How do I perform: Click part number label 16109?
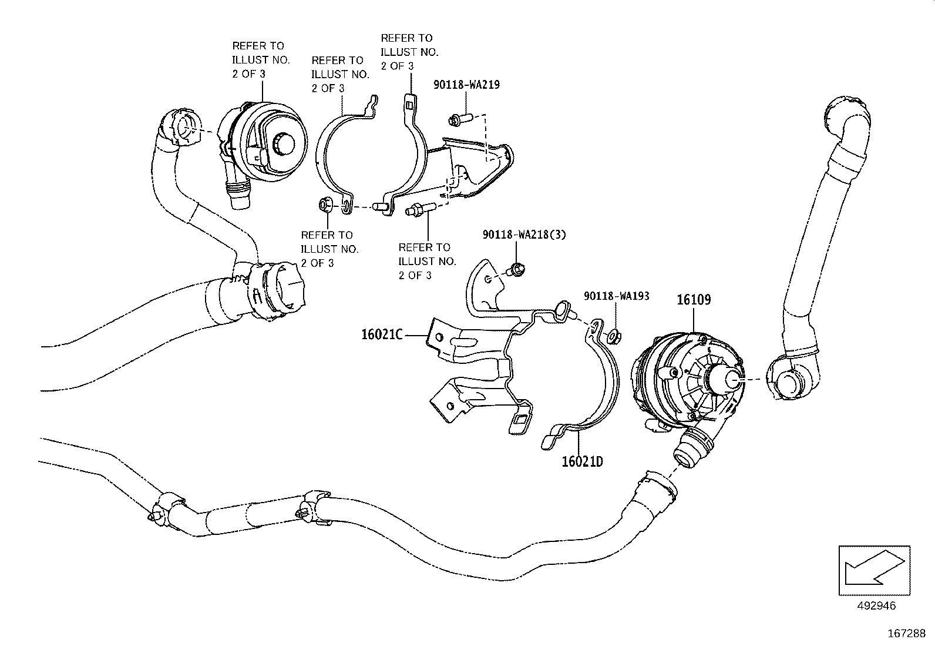(x=694, y=299)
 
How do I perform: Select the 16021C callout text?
(x=382, y=335)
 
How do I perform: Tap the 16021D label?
(x=581, y=461)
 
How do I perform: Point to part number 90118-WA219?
(x=467, y=85)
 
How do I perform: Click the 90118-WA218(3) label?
(x=524, y=234)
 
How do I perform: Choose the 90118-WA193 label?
(x=616, y=296)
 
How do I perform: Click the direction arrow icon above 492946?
(x=874, y=570)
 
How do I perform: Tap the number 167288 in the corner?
(x=906, y=634)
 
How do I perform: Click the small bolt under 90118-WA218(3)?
(x=516, y=270)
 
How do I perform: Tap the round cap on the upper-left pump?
(x=284, y=143)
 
